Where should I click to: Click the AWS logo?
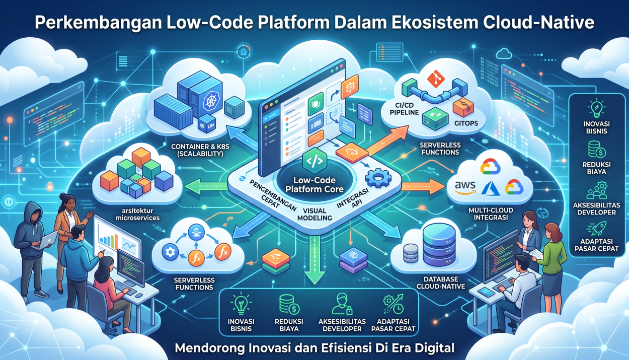coord(465,187)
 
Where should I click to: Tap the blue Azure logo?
coord(490,188)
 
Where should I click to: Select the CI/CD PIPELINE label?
coord(405,109)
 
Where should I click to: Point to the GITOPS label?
coord(466,123)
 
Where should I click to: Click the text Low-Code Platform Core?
coord(314,185)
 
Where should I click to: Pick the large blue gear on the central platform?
coord(378,178)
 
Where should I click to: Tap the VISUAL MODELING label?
coord(314,214)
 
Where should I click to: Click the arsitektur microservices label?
coord(137,214)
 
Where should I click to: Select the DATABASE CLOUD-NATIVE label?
coord(441,283)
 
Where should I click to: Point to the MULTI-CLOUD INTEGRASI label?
coord(491,213)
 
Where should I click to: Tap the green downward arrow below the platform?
coord(314,260)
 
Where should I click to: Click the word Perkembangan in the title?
coord(98,23)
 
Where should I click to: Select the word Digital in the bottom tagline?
coord(435,348)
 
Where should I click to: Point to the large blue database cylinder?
coord(439,245)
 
